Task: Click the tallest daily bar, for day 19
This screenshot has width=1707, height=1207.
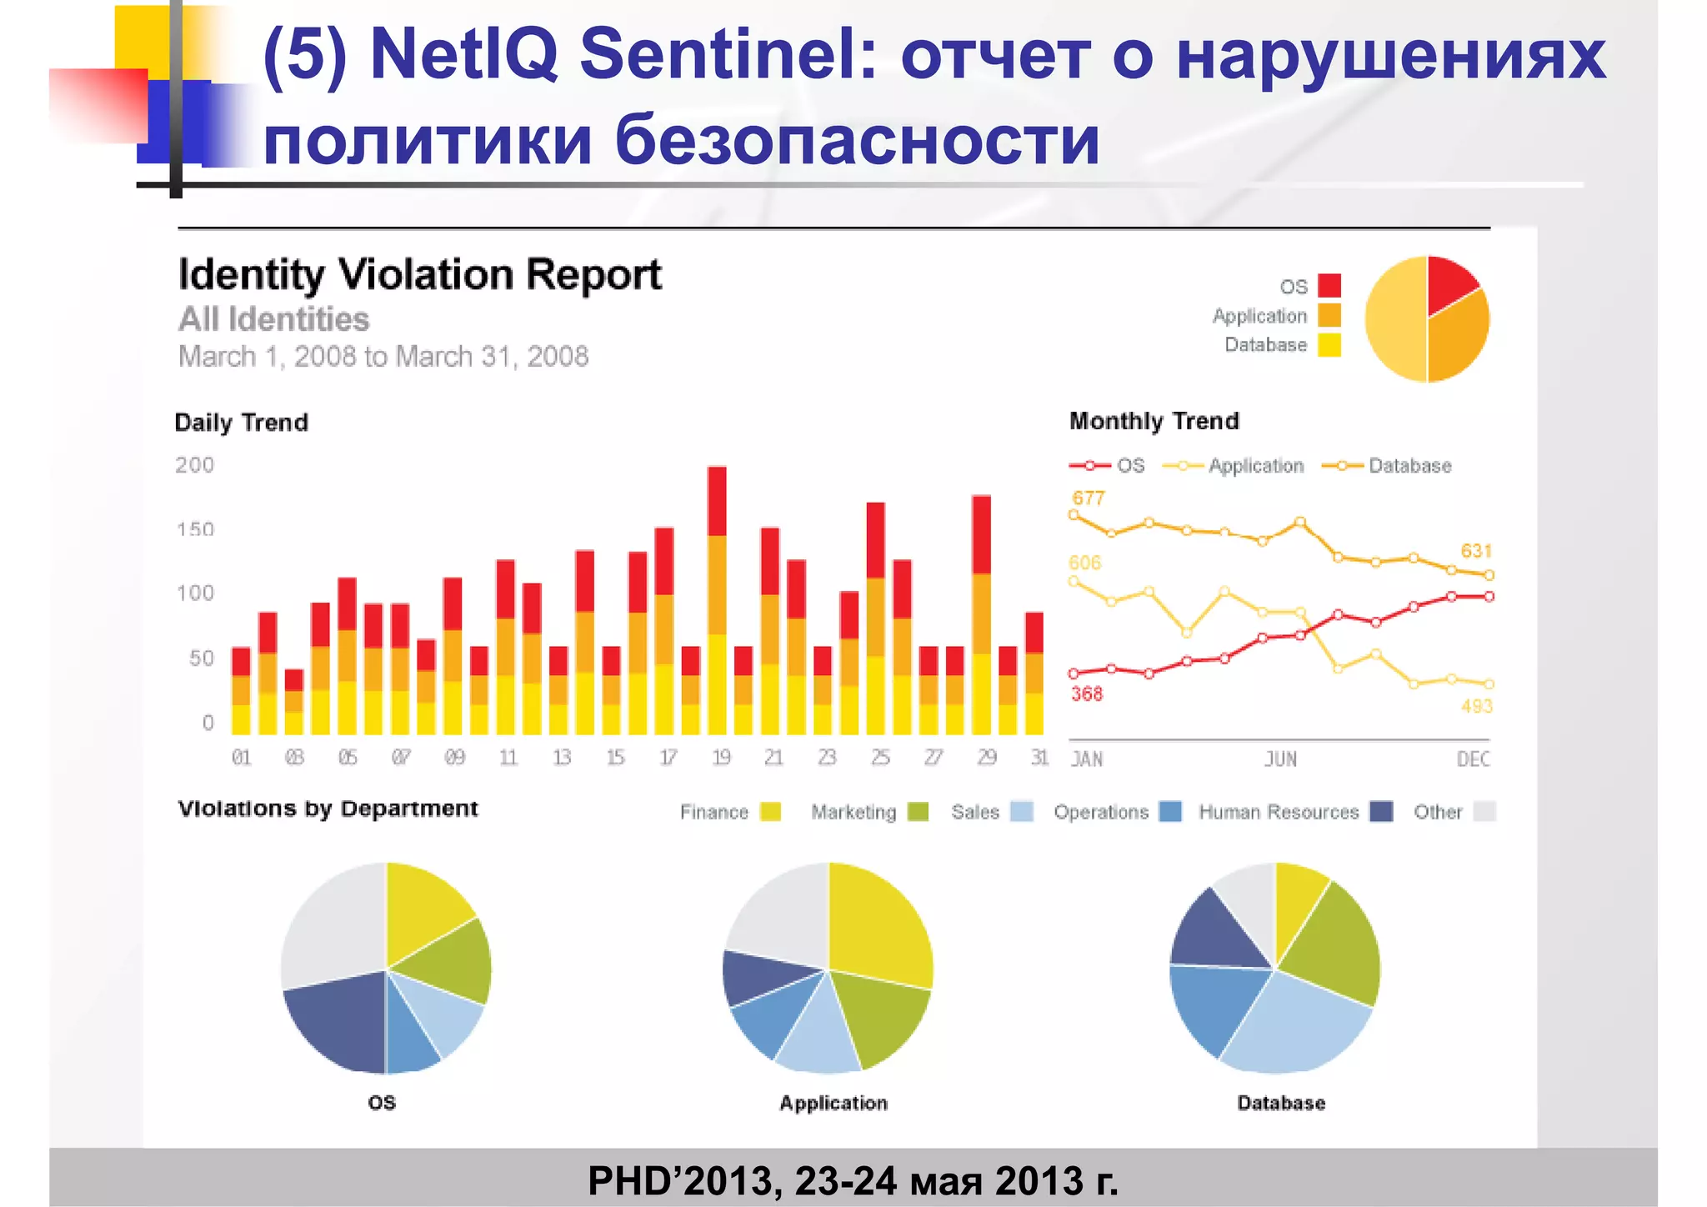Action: (717, 600)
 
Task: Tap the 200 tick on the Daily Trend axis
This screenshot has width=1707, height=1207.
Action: (194, 465)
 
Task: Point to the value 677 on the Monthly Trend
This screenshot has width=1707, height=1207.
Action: (1089, 498)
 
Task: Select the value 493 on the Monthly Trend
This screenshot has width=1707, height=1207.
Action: (1476, 706)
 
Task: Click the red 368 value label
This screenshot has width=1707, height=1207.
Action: (1087, 694)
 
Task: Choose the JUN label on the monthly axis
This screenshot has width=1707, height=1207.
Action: (1280, 759)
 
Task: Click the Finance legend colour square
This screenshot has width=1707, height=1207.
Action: (771, 812)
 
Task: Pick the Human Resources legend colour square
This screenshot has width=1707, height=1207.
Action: (1382, 812)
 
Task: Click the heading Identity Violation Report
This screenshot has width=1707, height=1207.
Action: (420, 275)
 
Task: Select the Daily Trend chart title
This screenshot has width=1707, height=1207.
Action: (241, 423)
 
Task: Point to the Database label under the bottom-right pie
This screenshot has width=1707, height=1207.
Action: (1281, 1103)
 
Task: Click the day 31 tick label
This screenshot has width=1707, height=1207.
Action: (1039, 758)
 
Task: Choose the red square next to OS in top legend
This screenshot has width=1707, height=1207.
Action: (1329, 286)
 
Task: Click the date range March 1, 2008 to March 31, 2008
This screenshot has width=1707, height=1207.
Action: (383, 357)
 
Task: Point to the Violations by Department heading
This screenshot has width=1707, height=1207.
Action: (328, 809)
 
